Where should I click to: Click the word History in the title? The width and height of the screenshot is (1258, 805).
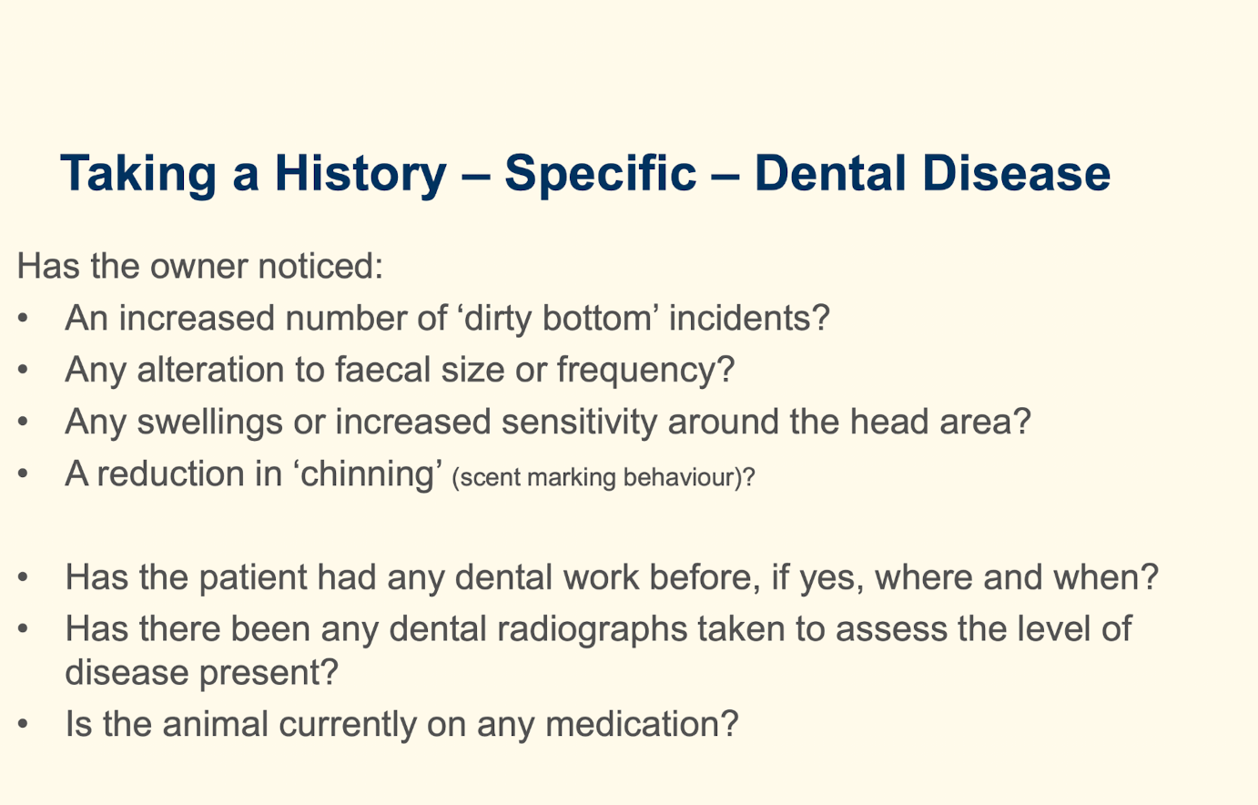pyautogui.click(x=360, y=173)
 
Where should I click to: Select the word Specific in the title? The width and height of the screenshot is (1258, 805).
pyautogui.click(x=601, y=173)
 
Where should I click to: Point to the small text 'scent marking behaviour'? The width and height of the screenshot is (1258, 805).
pyautogui.click(x=597, y=477)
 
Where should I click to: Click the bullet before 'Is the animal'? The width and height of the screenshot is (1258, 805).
pyautogui.click(x=24, y=725)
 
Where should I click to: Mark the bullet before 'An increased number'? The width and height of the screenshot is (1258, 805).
pyautogui.click(x=24, y=319)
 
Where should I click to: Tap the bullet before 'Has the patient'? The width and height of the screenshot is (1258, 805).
pyautogui.click(x=24, y=577)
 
